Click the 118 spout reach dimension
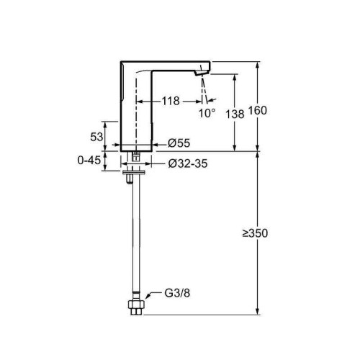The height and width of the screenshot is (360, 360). (171, 101)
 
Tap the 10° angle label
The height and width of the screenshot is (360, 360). (207, 113)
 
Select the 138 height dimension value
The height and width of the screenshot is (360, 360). (235, 114)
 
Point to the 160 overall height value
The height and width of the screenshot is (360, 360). (257, 111)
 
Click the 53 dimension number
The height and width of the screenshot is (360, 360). (96, 137)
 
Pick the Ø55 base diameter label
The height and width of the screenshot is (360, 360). (179, 143)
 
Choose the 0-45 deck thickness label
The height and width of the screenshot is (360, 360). (89, 160)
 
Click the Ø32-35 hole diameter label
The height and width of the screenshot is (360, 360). (188, 163)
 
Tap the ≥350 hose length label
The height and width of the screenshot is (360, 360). (255, 233)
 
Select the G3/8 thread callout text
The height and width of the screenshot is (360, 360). (177, 293)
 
